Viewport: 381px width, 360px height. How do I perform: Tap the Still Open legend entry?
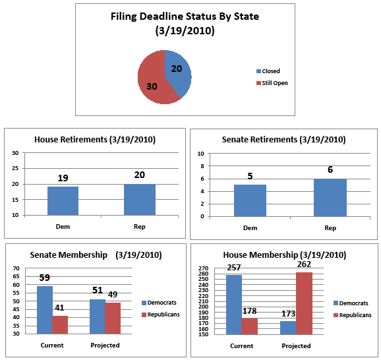point(272,83)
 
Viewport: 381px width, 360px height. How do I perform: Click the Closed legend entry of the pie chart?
point(268,71)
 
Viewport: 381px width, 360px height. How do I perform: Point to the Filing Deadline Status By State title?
point(185,24)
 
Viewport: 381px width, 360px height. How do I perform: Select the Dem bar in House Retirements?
point(63,201)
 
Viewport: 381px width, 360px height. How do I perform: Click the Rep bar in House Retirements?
point(140,200)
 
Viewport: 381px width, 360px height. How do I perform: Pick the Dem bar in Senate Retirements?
point(250,200)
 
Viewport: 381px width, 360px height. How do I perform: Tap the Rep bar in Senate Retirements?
point(330,198)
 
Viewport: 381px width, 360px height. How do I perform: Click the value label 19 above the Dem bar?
point(63,178)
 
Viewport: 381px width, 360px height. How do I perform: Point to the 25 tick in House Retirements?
point(15,168)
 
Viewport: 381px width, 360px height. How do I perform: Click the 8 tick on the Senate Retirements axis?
point(202,166)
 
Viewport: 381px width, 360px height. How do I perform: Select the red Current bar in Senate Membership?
point(60,325)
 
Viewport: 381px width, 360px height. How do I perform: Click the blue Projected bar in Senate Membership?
point(98,316)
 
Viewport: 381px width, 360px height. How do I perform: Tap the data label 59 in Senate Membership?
point(44,278)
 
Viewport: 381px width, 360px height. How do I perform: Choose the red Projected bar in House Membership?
point(305,303)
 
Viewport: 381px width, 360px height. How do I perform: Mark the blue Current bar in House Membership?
point(234,305)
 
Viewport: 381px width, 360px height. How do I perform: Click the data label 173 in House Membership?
point(289,314)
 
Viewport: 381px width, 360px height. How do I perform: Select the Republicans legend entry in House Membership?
point(353,315)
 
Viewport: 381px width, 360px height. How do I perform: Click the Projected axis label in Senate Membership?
point(105,345)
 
